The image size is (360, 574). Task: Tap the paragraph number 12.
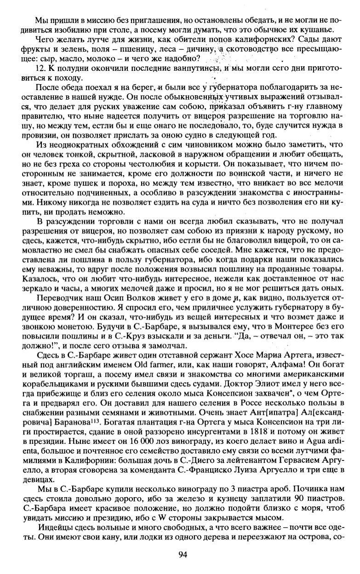(x=41, y=68)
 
